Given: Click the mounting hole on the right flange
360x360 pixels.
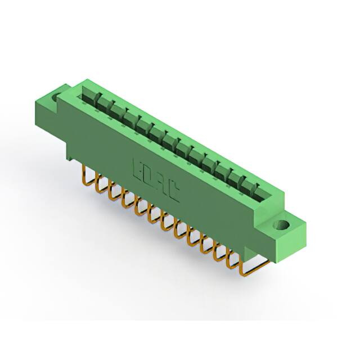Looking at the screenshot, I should point(280,227).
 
